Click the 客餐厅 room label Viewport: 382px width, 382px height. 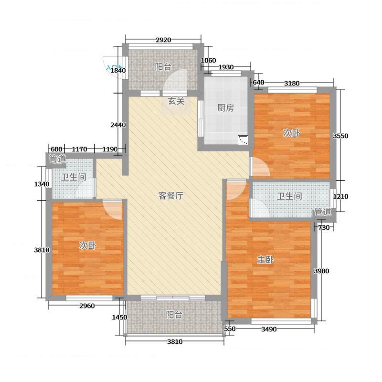(171, 196)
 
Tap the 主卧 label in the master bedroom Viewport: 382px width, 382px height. (265, 260)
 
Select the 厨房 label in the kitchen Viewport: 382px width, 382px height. (225, 108)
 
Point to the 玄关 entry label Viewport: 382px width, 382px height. (176, 101)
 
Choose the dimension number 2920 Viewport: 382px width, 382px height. (163, 40)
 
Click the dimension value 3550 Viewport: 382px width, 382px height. (340, 136)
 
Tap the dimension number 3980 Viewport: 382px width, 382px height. (321, 271)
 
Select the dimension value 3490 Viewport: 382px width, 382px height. (269, 329)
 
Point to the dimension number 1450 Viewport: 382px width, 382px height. (120, 317)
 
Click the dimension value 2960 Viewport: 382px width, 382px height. (87, 306)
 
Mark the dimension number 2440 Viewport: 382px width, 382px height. (118, 125)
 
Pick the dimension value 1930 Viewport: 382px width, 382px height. (226, 67)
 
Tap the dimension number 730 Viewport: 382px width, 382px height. (324, 228)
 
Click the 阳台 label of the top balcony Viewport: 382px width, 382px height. (163, 67)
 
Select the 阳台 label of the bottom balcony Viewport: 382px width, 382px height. (174, 315)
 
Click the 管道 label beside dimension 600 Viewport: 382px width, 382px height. (57, 159)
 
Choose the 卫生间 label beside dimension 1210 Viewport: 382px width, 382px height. (289, 196)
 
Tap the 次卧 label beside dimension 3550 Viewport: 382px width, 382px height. (292, 133)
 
